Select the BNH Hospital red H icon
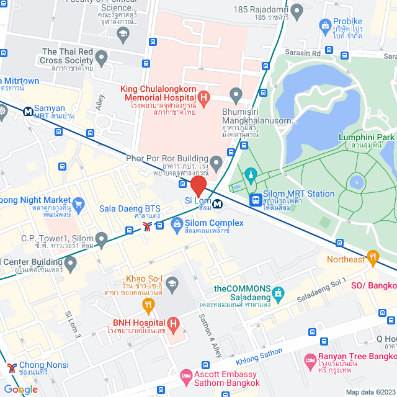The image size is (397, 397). coord(174,323)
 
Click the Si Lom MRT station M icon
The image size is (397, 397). coord(217,203)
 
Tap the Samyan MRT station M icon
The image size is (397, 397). coord(29,112)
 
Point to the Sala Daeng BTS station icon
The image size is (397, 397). coord(147,226)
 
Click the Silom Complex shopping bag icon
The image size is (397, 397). coord(176,224)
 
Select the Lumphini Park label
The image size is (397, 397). coord(367,137)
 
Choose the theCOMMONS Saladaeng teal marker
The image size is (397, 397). coord(278,291)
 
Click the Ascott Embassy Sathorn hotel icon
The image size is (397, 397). coord(185,376)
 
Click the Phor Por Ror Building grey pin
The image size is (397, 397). coord(216,164)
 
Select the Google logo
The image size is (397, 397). coord(20,389)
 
